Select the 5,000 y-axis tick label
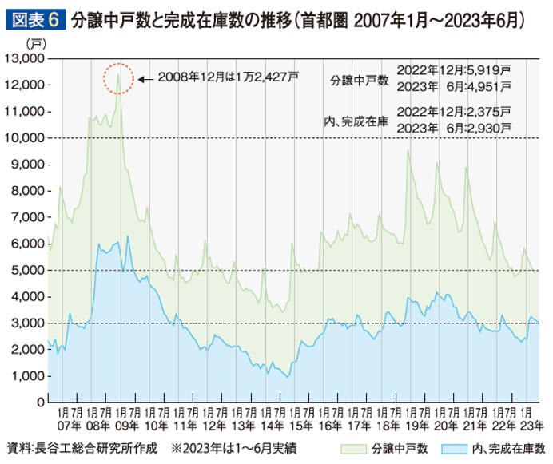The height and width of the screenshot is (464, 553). pyautogui.click(x=28, y=270)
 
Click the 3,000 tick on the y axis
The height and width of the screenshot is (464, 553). pyautogui.click(x=28, y=323)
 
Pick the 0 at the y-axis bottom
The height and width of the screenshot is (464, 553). pyautogui.click(x=40, y=403)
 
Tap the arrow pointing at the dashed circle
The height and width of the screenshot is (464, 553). pyautogui.click(x=145, y=78)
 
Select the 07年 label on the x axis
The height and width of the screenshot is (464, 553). pyautogui.click(x=66, y=426)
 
